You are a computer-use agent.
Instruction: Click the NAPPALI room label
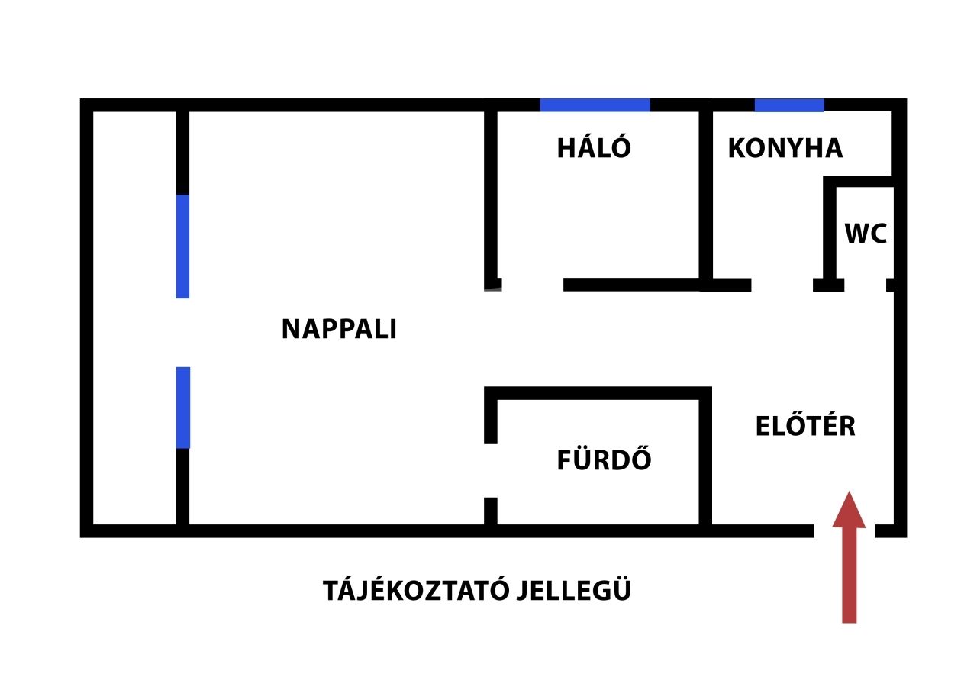[x=339, y=329]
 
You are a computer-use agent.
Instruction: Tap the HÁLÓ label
[x=594, y=148]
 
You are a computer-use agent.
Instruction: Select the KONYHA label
[x=785, y=148]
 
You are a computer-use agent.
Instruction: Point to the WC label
[x=866, y=234]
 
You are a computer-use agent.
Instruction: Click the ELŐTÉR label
[x=805, y=426]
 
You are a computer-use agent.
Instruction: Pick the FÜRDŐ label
[x=604, y=460]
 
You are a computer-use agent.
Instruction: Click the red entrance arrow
[x=849, y=557]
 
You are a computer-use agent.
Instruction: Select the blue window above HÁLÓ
[x=595, y=105]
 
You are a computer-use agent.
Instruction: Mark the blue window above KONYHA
[x=789, y=105]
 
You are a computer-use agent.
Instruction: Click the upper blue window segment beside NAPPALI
[x=182, y=246]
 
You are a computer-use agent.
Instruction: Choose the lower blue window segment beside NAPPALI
[x=182, y=407]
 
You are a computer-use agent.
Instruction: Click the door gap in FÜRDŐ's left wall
[x=491, y=470]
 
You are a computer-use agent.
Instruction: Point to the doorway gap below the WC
[x=865, y=285]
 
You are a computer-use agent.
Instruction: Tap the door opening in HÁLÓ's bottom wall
[x=532, y=285]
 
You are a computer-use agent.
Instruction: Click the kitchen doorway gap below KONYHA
[x=782, y=285]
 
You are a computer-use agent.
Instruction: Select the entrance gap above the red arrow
[x=844, y=530]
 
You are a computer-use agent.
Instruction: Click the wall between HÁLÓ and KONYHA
[x=706, y=195]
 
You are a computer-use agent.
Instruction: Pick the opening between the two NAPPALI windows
[x=182, y=332]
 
